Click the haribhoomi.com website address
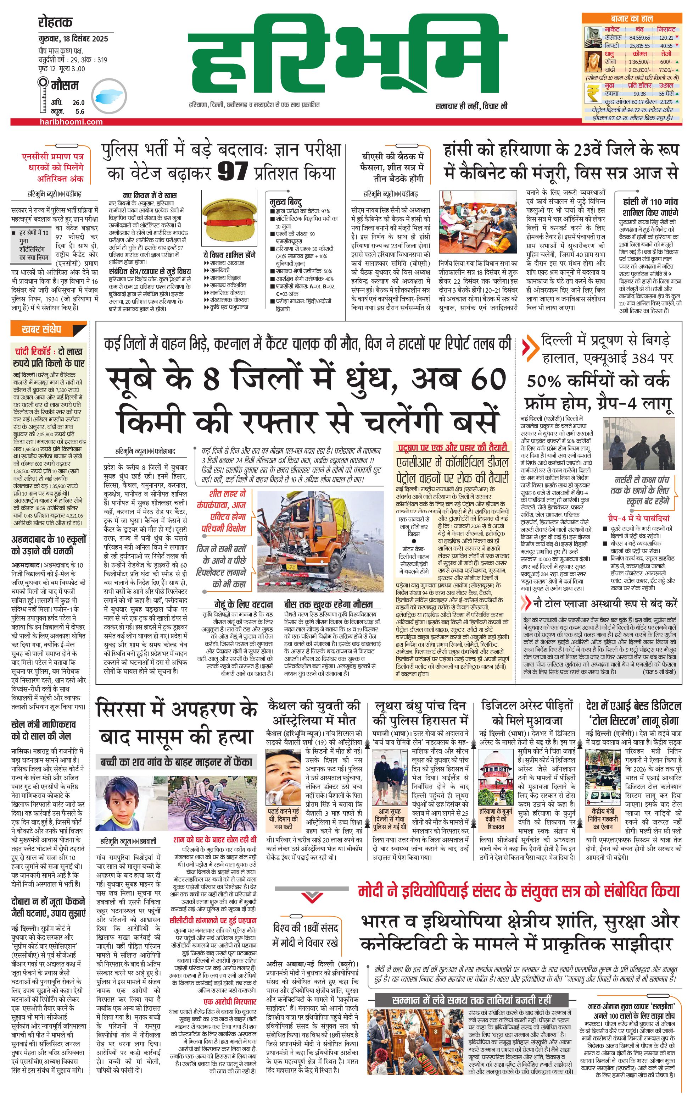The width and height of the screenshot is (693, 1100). coord(71,122)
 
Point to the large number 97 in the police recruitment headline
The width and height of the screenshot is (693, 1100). coord(233,172)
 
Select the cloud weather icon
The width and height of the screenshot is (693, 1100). coord(109,97)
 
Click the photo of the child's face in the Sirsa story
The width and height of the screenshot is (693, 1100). coord(116,804)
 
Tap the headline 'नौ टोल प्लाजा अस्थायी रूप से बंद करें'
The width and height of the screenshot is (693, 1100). coord(605,603)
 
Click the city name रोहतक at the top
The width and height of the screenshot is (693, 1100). coord(55,22)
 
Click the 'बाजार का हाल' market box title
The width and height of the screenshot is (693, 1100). coord(631,19)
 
